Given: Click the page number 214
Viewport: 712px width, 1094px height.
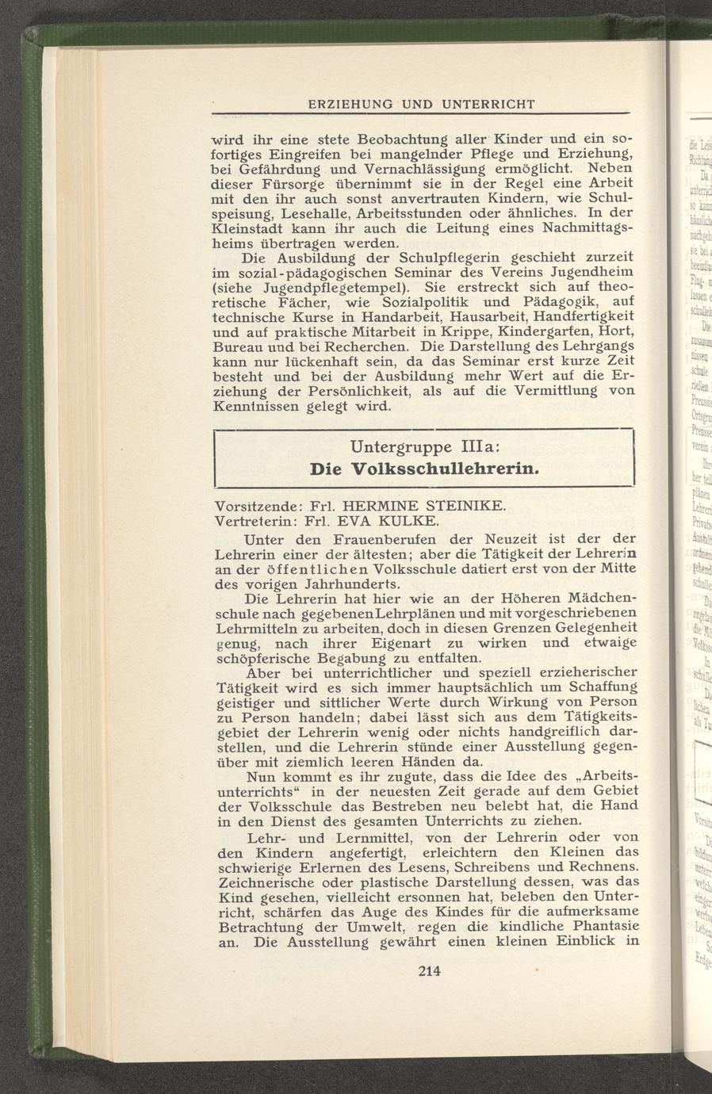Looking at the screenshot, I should pyautogui.click(x=428, y=970).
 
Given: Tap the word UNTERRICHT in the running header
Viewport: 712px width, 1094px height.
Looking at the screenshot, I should pyautogui.click(x=488, y=104).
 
